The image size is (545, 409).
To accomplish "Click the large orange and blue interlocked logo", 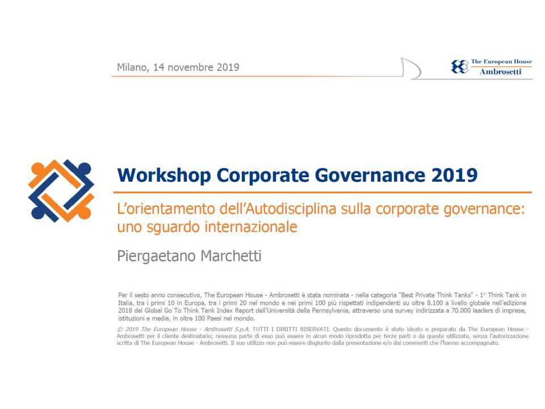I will (x=61, y=191).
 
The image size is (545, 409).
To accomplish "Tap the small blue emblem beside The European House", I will (x=460, y=66).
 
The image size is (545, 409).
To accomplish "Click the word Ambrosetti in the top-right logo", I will (x=500, y=72).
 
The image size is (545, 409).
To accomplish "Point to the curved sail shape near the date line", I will (x=410, y=68).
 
